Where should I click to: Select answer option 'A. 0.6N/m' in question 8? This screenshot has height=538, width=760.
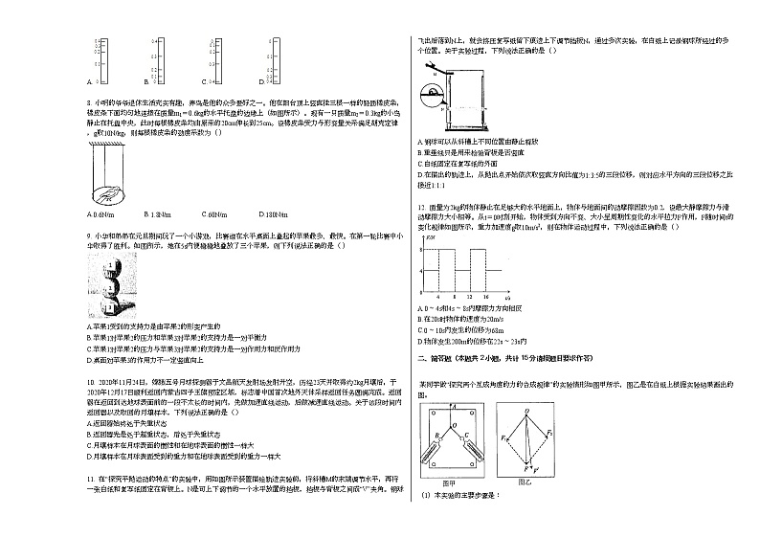pos(100,214)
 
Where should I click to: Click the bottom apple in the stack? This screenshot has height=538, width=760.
pos(112,307)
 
